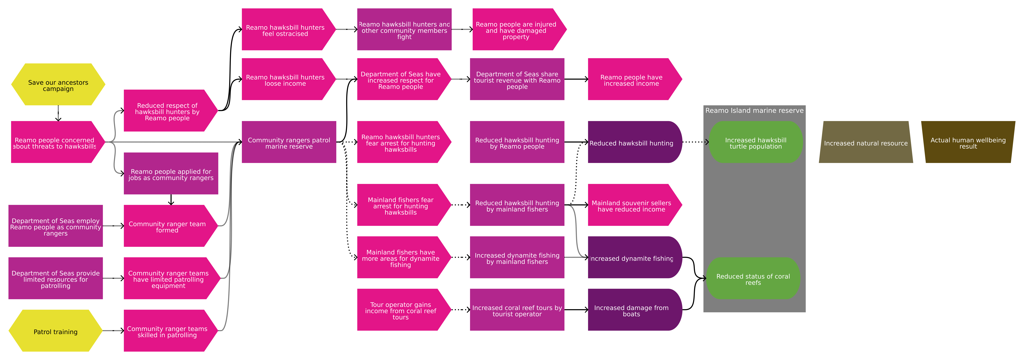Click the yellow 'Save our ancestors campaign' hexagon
pyautogui.click(x=58, y=85)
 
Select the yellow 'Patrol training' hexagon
pyautogui.click(x=56, y=331)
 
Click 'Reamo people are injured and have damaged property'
pyautogui.click(x=516, y=30)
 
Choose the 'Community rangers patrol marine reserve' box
pyautogui.click(x=289, y=142)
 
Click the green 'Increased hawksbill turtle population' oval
pyautogui.click(x=755, y=142)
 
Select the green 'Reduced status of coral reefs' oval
pyautogui.click(x=753, y=279)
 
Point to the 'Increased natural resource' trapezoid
pyautogui.click(x=866, y=142)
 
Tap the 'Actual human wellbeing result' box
pyautogui.click(x=968, y=142)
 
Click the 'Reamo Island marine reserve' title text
pyautogui.click(x=754, y=110)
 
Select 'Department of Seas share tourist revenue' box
pyautogui.click(x=517, y=79)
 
